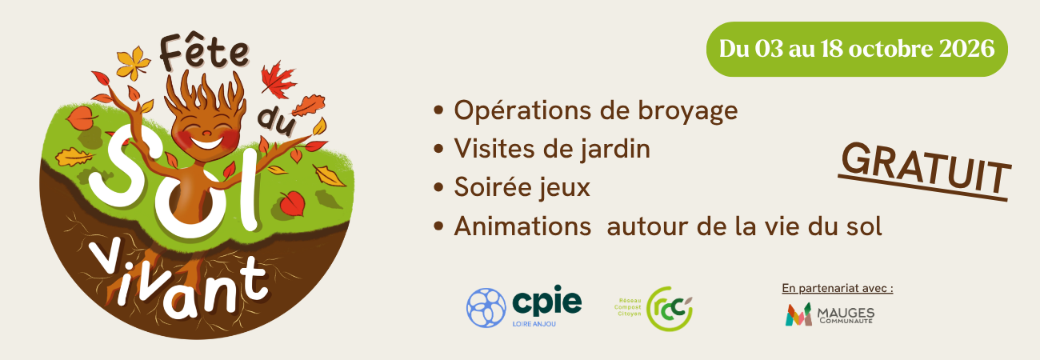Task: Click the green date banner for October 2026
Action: click(857, 49)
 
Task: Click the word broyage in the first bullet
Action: click(688, 112)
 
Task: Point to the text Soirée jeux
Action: click(522, 187)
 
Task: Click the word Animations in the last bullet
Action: click(522, 226)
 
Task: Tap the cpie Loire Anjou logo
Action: click(524, 306)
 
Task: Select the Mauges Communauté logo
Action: click(830, 314)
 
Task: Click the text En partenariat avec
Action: click(837, 289)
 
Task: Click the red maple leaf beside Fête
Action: click(277, 80)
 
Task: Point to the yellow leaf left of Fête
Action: click(134, 62)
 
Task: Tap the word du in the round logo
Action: click(277, 122)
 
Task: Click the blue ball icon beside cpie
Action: click(486, 307)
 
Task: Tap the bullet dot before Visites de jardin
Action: click(438, 150)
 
